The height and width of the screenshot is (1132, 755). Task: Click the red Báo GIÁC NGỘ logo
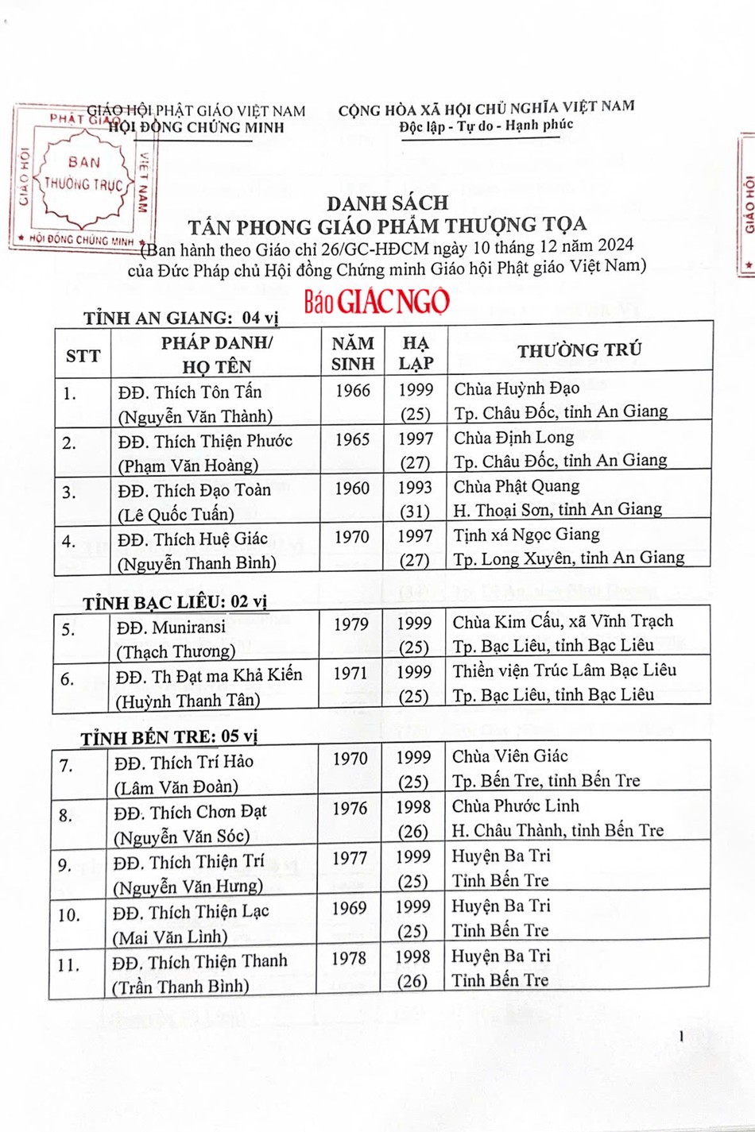point(376,301)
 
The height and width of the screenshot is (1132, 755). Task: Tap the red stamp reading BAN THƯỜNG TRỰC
point(83,176)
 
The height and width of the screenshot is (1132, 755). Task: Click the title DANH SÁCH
point(387,203)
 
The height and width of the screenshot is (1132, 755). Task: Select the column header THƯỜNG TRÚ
point(579,350)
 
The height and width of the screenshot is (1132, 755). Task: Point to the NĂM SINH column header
point(352,354)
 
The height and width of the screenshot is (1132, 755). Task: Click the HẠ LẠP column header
point(416,354)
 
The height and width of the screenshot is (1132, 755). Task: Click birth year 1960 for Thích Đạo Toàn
point(352,488)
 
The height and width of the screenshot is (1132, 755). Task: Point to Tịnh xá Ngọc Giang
point(526,535)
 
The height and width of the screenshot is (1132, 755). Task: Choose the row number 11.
point(68,965)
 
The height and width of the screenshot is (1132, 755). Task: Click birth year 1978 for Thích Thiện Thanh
point(349,958)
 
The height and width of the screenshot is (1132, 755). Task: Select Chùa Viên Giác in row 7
point(510,756)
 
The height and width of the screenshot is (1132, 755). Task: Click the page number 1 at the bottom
point(681,1036)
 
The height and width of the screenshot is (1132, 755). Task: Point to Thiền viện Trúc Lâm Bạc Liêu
point(564,670)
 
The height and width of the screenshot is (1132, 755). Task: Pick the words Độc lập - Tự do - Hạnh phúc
point(486,126)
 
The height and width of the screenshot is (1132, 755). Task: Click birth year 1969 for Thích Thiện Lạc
point(350,908)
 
